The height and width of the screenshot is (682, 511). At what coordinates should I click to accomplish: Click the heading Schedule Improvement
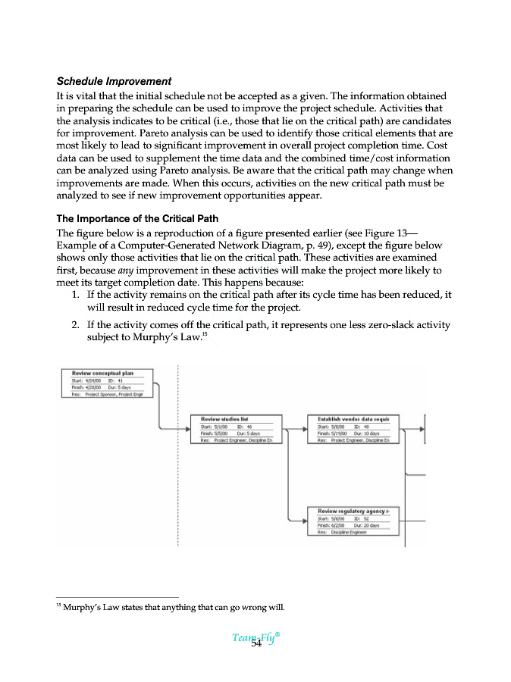[x=114, y=81]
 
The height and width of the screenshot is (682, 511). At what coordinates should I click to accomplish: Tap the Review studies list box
[x=236, y=429]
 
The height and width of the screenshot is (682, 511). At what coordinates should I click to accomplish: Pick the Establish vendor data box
[x=353, y=429]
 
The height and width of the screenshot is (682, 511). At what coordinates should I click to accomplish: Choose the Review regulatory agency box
[x=353, y=521]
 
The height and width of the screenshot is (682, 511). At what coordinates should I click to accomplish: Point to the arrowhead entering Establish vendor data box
[x=304, y=429]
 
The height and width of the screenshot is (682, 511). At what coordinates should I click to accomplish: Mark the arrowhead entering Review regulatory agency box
[x=304, y=521]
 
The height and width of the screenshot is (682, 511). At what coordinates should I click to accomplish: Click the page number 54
[x=256, y=643]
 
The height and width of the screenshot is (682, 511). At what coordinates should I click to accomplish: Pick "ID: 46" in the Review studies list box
[x=244, y=427]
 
